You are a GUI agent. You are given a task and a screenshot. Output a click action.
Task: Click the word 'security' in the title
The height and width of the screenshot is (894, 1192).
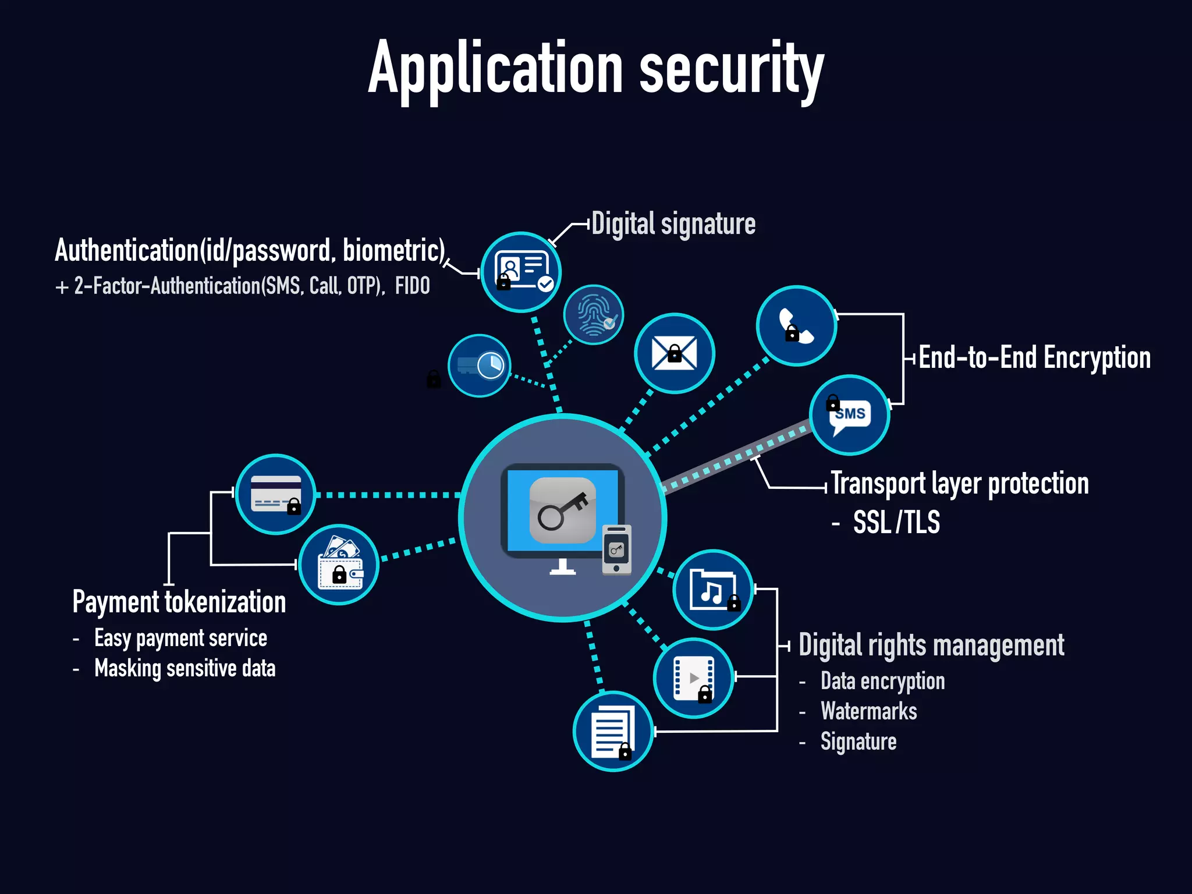click(x=732, y=70)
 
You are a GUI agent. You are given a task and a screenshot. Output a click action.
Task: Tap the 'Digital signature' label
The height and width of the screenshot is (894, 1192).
click(x=673, y=224)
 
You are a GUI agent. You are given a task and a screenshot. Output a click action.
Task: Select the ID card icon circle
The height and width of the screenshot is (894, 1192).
click(x=521, y=272)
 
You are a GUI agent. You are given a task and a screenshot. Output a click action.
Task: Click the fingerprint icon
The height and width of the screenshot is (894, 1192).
click(x=593, y=315)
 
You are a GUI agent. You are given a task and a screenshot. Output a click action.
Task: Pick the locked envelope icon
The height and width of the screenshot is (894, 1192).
click(x=674, y=353)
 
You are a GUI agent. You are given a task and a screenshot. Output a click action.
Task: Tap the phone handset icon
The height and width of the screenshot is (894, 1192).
click(x=796, y=326)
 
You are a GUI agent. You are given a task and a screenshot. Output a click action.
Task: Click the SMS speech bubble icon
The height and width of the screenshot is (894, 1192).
click(x=850, y=415)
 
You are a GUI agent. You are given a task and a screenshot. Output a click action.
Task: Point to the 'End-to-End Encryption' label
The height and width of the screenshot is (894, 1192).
click(x=1034, y=357)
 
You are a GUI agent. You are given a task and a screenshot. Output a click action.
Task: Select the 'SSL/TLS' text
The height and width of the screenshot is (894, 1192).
click(x=896, y=522)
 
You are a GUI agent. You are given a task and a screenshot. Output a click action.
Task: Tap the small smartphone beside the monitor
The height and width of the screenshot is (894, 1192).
click(x=616, y=550)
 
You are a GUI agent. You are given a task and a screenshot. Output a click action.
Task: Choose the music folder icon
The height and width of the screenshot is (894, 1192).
click(x=713, y=590)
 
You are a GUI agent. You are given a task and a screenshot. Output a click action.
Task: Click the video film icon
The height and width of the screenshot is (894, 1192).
click(x=693, y=678)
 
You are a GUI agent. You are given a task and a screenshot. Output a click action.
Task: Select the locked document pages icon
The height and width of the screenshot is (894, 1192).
click(x=613, y=731)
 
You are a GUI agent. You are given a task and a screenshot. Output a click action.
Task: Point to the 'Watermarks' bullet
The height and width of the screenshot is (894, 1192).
click(x=868, y=711)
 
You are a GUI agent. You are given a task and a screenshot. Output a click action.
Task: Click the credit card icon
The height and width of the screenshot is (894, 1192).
click(x=276, y=494)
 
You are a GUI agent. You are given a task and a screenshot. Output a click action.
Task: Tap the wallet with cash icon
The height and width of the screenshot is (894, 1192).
click(x=339, y=565)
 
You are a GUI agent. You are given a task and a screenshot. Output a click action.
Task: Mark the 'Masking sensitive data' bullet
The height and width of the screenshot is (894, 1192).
click(x=185, y=668)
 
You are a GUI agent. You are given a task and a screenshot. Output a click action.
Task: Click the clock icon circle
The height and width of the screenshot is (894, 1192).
click(x=480, y=366)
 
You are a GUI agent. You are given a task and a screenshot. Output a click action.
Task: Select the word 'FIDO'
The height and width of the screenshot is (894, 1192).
click(x=412, y=286)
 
